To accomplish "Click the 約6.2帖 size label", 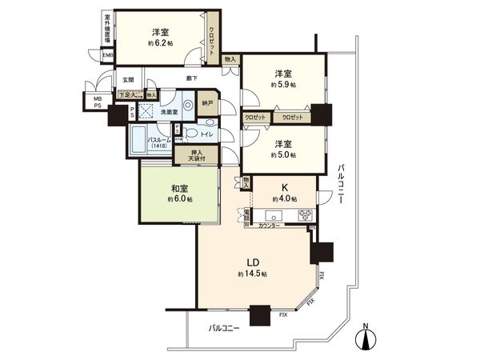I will point(161,46).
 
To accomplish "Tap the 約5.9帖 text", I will point(283,84).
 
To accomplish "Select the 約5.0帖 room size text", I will point(283,156).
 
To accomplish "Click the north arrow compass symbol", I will point(366,336).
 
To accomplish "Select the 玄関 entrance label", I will point(129,79).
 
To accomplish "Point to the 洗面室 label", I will point(162,112).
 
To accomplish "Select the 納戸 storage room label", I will point(208,102).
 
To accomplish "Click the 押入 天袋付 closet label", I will point(186,154).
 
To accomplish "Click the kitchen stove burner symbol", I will point(306,214).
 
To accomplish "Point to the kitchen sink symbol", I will point(272,215).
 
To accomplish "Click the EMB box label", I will point(107,54).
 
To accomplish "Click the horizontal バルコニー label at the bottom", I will point(225,328).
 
